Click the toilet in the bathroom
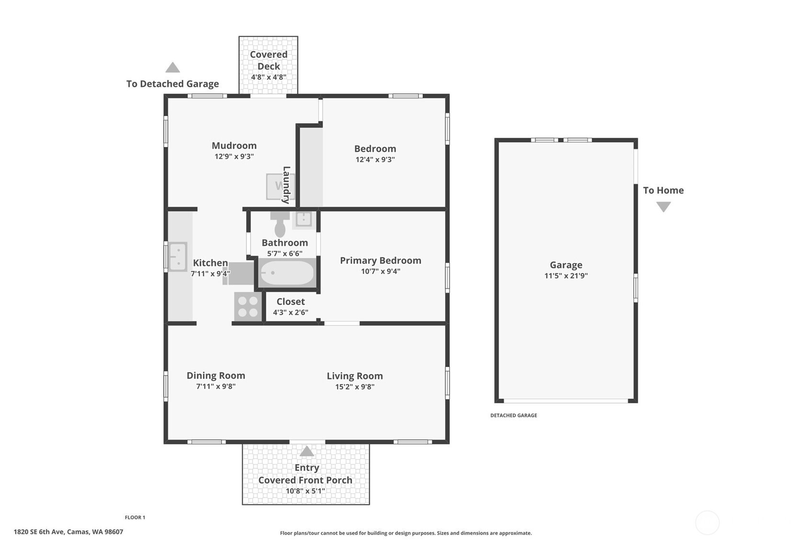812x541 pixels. [x=280, y=224]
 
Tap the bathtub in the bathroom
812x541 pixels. [x=287, y=273]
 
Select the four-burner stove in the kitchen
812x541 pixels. [x=248, y=307]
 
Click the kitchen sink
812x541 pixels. [x=178, y=256]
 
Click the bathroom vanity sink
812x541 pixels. [x=303, y=219]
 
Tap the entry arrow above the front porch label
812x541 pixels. [x=307, y=451]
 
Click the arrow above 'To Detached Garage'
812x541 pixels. [x=173, y=67]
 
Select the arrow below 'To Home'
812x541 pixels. [x=663, y=207]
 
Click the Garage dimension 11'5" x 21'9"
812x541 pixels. [x=566, y=276]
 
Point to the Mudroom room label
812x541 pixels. [x=234, y=146]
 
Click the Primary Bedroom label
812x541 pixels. [x=380, y=261]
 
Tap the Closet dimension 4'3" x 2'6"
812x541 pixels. [x=291, y=312]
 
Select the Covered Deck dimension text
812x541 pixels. [x=268, y=77]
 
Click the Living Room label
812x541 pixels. [x=355, y=376]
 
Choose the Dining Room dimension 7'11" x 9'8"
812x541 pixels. [x=216, y=386]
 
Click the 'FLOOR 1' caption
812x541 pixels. [x=135, y=518]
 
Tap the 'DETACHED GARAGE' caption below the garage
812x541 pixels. [x=514, y=415]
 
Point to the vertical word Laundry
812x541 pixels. [x=286, y=185]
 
